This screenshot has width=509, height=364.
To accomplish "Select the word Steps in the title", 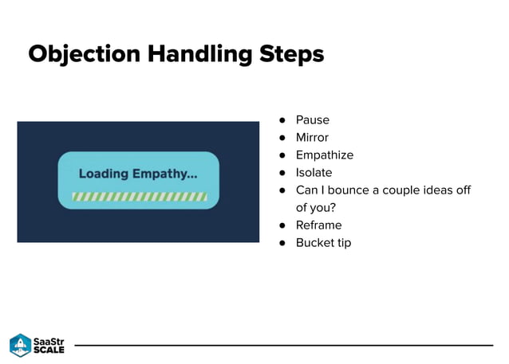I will point(292,55).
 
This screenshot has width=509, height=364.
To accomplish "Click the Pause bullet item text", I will point(312,120).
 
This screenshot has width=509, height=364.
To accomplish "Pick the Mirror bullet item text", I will point(312,138).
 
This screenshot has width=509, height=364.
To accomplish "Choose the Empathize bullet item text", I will point(324,155).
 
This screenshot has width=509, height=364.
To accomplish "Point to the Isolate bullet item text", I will point(314,173).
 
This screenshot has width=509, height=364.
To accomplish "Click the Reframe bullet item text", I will point(318,225).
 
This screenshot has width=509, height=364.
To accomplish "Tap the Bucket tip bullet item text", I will point(323,243).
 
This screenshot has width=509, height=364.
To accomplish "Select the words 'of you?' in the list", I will point(316,208).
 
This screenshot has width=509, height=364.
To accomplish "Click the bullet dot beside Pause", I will point(282,120).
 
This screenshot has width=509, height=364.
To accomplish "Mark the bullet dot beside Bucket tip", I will point(282,243).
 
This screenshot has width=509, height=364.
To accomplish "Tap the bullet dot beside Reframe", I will point(282,225).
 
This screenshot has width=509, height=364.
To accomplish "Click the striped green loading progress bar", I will point(139,195).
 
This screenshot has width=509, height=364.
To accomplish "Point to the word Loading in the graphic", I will point(103,174).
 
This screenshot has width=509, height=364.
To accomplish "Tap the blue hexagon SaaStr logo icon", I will point(20,345).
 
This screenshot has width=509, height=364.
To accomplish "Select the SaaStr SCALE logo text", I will point(49,345).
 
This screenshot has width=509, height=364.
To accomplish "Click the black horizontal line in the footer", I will point(283,345).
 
